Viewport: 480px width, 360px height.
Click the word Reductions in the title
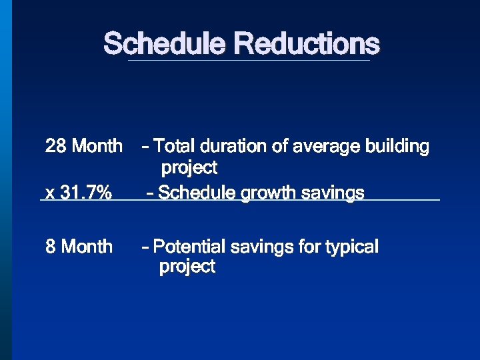click(x=307, y=45)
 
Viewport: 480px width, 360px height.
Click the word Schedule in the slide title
click(x=165, y=45)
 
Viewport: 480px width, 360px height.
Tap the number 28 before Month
click(x=55, y=145)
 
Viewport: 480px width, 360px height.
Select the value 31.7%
click(x=86, y=193)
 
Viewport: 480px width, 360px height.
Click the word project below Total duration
click(x=189, y=167)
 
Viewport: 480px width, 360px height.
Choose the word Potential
click(x=189, y=247)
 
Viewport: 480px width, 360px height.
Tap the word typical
click(x=352, y=247)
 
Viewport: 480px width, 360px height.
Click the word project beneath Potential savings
click(x=187, y=267)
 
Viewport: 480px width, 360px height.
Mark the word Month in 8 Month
click(x=87, y=247)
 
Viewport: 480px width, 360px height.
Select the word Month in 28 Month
click(x=97, y=145)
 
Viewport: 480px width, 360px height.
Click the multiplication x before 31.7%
click(x=49, y=194)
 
